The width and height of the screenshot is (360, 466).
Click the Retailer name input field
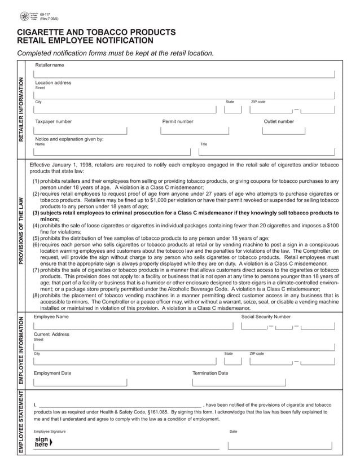click(x=185, y=73)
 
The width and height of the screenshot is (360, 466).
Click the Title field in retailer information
click(x=267, y=151)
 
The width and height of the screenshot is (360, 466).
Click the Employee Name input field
click(x=133, y=326)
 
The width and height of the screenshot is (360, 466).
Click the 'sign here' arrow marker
click(x=51, y=442)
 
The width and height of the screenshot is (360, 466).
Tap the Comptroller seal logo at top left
click(x=24, y=16)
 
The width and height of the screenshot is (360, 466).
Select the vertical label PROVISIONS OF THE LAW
click(x=22, y=231)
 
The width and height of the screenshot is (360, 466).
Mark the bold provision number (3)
click(x=36, y=213)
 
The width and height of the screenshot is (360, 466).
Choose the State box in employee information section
click(x=231, y=361)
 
